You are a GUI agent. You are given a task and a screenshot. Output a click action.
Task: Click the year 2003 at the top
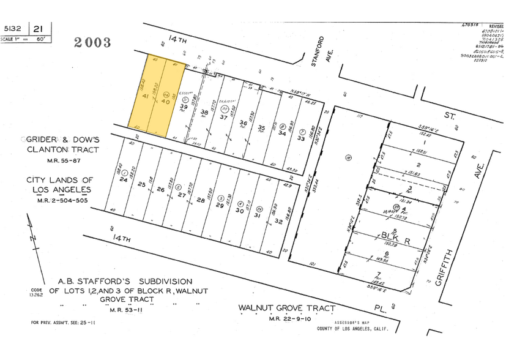[92, 42]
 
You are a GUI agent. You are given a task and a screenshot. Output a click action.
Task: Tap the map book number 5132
[12, 28]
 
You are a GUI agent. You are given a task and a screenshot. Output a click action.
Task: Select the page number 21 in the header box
[38, 28]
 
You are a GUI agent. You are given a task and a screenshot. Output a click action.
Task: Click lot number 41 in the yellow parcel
[146, 97]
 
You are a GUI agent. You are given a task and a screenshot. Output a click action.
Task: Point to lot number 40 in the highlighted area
[165, 102]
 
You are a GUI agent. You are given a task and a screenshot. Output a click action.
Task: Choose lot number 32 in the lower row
[278, 220]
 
